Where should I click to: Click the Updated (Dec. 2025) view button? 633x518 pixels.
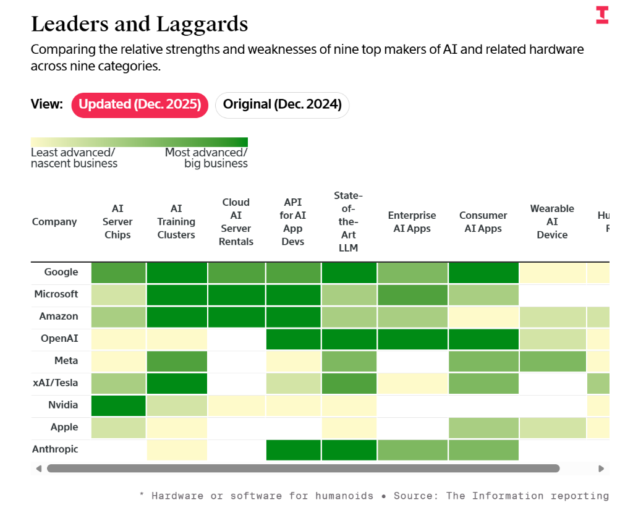click(140, 104)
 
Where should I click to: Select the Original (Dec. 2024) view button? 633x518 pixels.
click(282, 104)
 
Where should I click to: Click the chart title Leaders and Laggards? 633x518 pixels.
click(139, 24)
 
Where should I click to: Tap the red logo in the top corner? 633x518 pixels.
click(601, 15)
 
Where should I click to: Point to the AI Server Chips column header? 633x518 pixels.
click(117, 222)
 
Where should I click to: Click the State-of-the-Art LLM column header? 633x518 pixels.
click(348, 222)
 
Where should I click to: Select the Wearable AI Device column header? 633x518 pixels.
click(552, 222)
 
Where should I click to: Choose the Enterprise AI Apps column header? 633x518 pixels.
click(412, 222)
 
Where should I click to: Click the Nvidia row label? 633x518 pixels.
click(63, 405)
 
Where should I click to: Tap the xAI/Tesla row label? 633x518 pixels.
click(55, 383)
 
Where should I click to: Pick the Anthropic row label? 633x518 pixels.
click(55, 449)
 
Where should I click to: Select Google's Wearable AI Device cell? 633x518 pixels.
click(552, 273)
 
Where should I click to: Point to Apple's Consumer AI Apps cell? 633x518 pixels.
click(483, 428)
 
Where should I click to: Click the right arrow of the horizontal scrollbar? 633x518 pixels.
click(601, 469)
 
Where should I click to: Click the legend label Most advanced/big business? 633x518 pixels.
click(206, 158)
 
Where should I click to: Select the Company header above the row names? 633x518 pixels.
click(54, 222)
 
